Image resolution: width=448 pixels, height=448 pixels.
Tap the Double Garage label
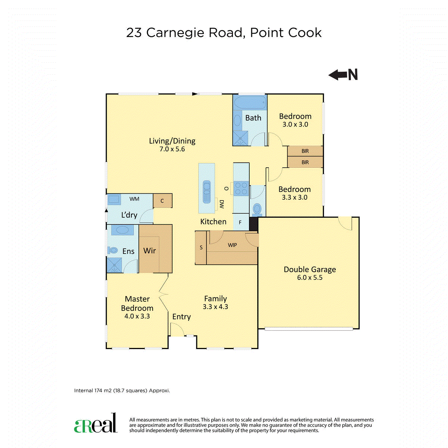(309, 270)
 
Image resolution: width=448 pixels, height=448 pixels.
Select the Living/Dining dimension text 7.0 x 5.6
(172, 149)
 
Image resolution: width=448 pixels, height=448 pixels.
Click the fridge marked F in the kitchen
(241, 222)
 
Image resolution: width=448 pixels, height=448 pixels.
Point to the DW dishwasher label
(221, 204)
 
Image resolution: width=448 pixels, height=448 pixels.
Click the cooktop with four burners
(241, 189)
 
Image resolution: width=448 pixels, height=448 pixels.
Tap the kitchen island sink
(206, 192)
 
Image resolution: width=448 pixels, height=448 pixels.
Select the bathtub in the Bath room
(250, 102)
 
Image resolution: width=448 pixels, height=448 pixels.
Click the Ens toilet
(113, 251)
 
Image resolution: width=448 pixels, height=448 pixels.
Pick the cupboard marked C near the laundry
(162, 200)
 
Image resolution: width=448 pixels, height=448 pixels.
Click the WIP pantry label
(232, 245)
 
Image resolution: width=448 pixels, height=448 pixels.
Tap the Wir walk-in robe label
(149, 251)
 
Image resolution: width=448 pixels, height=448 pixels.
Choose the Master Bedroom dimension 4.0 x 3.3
(137, 316)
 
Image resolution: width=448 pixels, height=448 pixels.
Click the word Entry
(181, 317)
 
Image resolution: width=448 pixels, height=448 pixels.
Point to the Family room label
(215, 299)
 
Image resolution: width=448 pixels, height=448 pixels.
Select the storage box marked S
(201, 248)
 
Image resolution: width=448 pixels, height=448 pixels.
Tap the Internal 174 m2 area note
(122, 391)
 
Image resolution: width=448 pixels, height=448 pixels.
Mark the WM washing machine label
(134, 199)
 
